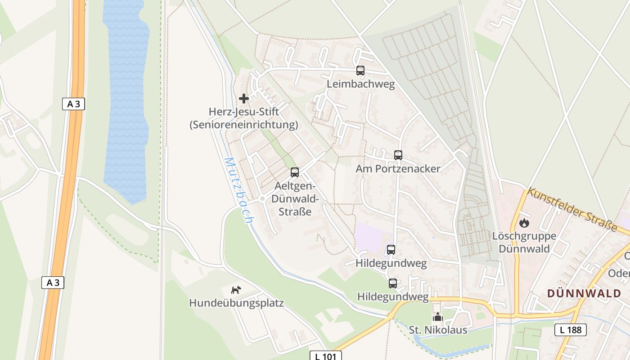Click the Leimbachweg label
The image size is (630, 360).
tap(360, 84)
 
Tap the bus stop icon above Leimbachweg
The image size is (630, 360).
tap(360, 71)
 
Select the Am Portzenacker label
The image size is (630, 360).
tap(398, 169)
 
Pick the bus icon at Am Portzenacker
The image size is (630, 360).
tap(398, 155)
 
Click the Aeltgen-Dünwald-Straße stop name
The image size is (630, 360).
tap(295, 199)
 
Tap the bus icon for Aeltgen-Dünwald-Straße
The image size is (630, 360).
tap(295, 172)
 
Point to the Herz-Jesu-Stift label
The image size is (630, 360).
tap(244, 118)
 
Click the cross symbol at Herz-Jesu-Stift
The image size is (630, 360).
tap(244, 98)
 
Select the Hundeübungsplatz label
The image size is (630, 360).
tap(236, 303)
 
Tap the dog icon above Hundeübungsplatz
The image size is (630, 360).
tap(236, 290)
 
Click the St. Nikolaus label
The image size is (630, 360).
tap(438, 330)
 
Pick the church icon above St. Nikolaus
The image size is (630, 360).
tap(438, 317)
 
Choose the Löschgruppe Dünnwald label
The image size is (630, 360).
tap(524, 243)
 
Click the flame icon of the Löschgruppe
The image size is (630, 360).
tap(524, 223)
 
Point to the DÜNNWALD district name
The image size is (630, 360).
tap(584, 293)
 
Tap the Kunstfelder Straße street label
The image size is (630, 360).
tap(572, 209)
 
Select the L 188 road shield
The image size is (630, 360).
tap(570, 330)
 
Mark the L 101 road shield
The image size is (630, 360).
tap(326, 356)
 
